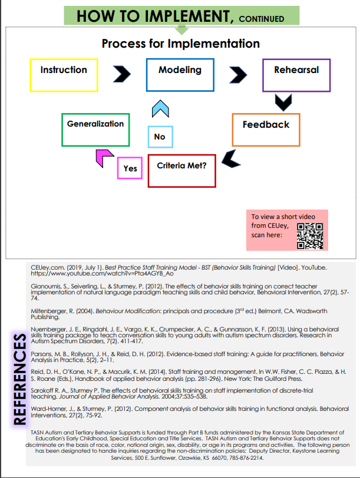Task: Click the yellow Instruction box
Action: pos(64,75)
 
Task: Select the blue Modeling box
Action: pos(180,75)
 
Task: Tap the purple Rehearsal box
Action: pos(296,75)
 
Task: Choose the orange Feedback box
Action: pos(266,130)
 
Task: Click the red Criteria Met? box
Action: pos(181,170)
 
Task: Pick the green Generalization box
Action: pos(95,129)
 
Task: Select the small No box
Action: pos(160,137)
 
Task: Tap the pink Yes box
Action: pos(130,168)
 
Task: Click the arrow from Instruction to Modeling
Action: pos(121,74)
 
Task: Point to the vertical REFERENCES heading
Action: pos(19,377)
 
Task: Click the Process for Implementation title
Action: pos(180,44)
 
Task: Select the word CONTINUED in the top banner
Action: pos(256,18)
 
